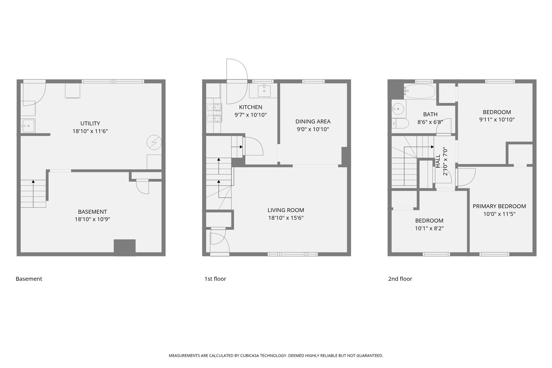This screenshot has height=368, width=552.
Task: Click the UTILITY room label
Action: coord(90,123)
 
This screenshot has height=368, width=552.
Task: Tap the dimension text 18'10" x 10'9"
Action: coord(92,219)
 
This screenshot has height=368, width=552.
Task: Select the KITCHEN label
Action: coord(250,107)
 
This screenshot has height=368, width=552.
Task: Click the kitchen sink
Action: coord(264,91)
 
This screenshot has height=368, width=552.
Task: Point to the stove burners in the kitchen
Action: coord(214,113)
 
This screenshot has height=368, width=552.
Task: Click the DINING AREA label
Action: coord(313,121)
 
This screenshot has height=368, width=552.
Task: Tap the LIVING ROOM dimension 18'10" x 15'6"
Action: coord(286,218)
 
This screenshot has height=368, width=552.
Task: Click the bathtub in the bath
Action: coord(419,91)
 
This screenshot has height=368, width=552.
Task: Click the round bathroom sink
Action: coord(397,109)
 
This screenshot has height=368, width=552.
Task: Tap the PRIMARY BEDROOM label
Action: coord(499,206)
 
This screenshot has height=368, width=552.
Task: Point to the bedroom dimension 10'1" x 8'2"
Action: coord(429,228)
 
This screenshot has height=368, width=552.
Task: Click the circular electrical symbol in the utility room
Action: coord(154,142)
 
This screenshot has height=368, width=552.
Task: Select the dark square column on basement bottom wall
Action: coord(124,247)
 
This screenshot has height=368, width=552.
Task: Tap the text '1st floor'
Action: coord(215,279)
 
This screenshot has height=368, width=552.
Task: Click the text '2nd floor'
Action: coord(400,279)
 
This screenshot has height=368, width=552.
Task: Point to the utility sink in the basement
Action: coord(28,126)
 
